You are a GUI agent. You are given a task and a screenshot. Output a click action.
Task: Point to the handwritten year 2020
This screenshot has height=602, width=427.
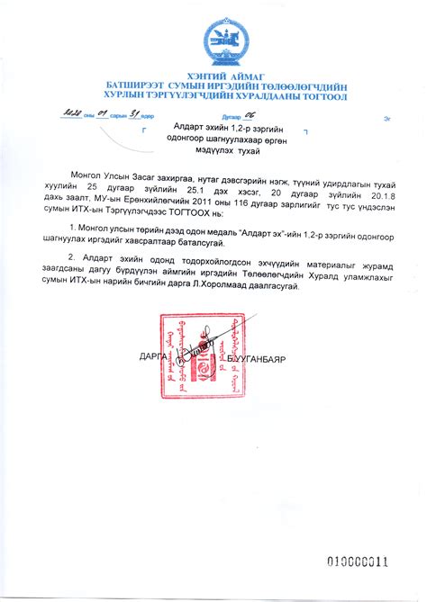pos(68,115)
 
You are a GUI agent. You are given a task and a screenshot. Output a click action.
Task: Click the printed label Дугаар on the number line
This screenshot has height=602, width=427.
pos(231,118)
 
